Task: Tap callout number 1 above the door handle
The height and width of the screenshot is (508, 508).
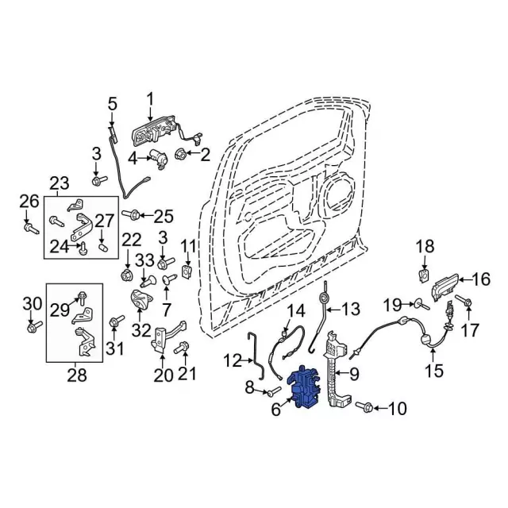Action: coord(148,98)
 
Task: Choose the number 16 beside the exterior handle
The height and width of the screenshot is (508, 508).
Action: coord(481,279)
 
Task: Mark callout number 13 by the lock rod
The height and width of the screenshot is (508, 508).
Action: coord(350,308)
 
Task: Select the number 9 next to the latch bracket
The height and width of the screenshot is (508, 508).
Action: coord(353,373)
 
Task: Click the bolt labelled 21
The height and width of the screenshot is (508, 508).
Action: coord(183,347)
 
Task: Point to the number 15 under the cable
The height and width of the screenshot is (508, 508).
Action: coord(433,369)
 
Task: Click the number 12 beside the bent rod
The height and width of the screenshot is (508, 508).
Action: coord(232,361)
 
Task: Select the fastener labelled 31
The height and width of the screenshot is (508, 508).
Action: coord(116,321)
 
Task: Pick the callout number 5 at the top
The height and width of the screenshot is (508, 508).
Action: coord(112,103)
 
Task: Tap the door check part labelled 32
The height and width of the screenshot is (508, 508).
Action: coord(140,302)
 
